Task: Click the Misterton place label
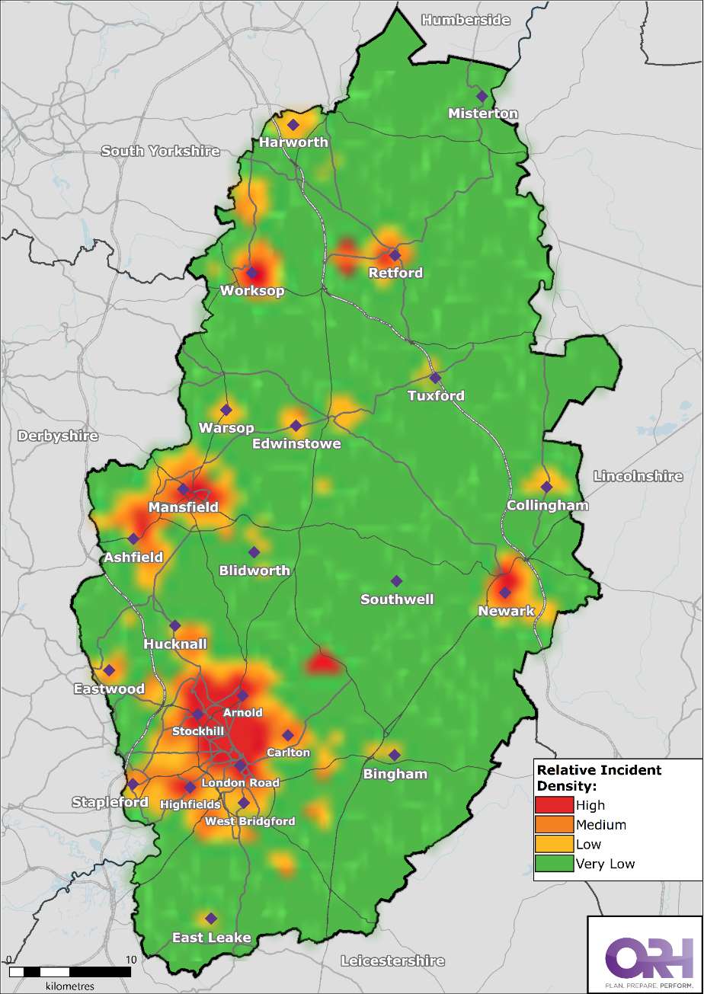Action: point(483,113)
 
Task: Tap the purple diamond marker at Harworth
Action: point(293,125)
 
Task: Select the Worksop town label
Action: point(251,291)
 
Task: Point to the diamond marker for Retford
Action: point(395,255)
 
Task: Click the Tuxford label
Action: point(435,395)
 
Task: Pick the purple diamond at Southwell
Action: point(395,581)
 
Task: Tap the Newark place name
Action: point(506,611)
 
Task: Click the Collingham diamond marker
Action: point(546,487)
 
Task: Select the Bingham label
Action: point(395,774)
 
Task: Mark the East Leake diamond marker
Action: point(211,918)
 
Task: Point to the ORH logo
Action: point(644,952)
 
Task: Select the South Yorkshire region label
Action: point(160,151)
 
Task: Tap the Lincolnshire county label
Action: point(638,476)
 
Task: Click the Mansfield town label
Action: point(183,507)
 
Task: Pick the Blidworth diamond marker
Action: point(254,552)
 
